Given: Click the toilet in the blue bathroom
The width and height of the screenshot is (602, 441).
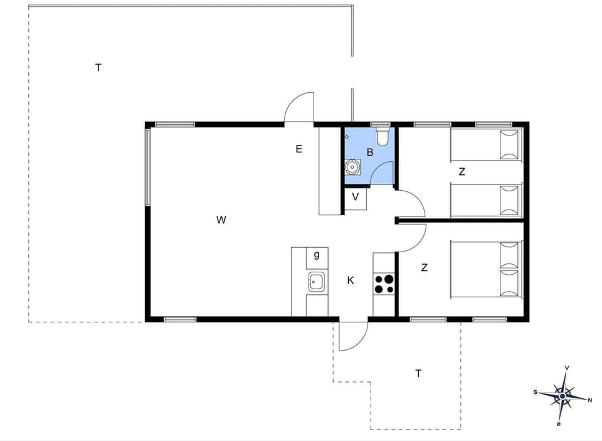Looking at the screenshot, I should tap(383, 137).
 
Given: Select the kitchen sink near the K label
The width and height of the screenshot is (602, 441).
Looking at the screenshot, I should tap(316, 282).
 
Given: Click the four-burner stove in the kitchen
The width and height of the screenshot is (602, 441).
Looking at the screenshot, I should tap(384, 284).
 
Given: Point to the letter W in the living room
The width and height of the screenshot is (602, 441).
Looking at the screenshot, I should tap(221, 220).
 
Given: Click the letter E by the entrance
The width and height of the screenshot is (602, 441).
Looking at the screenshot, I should tap(299, 149).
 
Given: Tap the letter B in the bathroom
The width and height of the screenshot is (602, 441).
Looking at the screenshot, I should tap(370, 152).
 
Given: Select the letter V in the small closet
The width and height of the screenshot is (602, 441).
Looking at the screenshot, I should tap(356, 197).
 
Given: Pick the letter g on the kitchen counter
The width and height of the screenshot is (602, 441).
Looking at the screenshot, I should tap(317, 255).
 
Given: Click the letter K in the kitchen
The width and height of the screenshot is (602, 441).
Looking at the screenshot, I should tap(351, 280).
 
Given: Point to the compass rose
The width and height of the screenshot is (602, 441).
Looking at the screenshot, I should tap(562, 396).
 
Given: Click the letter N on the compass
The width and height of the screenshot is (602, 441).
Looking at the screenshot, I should tap(589, 400).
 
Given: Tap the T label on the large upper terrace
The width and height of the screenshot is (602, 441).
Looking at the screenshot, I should tap(98, 68).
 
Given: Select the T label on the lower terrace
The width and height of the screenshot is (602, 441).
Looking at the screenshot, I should tap(418, 374).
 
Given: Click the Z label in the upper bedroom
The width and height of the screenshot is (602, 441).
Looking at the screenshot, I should tap(462, 171).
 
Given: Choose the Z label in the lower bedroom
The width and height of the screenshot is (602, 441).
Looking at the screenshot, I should tap(425, 268).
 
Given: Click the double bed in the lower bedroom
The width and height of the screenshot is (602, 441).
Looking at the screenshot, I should tap(486, 269).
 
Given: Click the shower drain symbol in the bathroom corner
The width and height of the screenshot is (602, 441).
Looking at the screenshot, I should tap(347, 136).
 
